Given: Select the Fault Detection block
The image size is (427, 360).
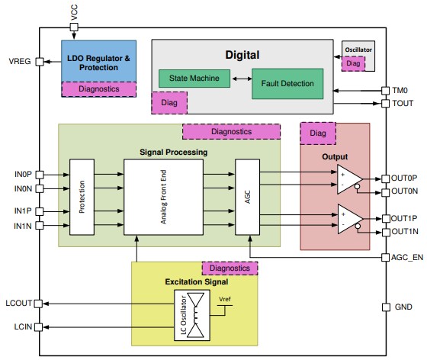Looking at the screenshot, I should click(287, 82).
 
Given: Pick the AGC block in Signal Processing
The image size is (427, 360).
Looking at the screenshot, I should click(247, 198).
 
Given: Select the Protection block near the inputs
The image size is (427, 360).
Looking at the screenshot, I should click(82, 198).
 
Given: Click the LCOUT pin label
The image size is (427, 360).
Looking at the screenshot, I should click(19, 303).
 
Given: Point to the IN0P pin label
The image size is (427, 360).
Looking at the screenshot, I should click(23, 175).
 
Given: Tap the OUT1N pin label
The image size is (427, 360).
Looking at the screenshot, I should click(406, 232).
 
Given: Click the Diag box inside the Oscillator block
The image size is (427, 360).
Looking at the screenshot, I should click(353, 64).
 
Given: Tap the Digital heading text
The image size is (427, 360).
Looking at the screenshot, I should click(242, 54).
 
